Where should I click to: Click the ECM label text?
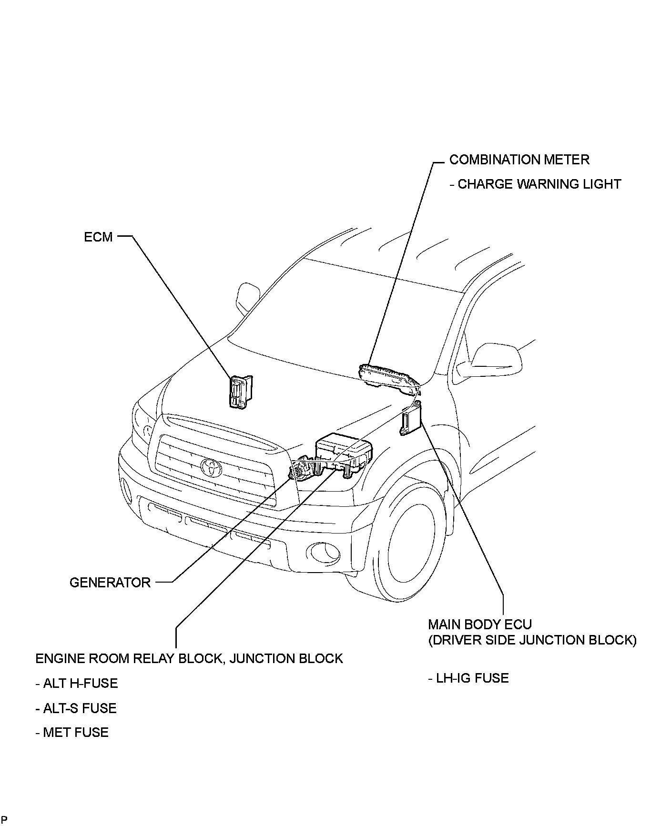click(x=98, y=237)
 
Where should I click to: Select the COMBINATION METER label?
click(x=519, y=160)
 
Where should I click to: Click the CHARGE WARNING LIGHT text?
click(x=539, y=184)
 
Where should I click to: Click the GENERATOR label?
click(x=110, y=582)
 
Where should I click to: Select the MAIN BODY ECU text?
click(x=480, y=624)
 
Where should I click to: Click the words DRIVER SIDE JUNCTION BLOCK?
click(x=532, y=640)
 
